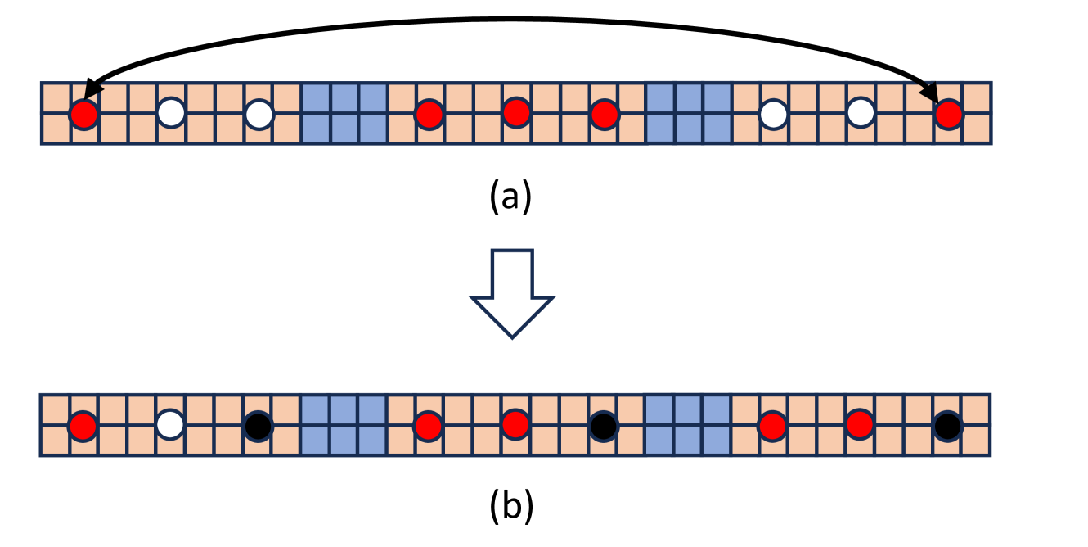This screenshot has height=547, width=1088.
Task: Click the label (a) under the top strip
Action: tap(510, 197)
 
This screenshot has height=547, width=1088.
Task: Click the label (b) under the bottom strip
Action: tap(511, 508)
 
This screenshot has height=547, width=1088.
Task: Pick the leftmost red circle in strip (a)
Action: tap(83, 114)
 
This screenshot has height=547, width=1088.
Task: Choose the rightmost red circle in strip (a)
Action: tap(948, 114)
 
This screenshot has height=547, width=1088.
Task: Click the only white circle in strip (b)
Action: tap(170, 425)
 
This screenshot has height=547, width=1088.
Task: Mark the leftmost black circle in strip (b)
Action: tap(258, 425)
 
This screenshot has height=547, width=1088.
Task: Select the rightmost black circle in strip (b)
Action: tap(947, 425)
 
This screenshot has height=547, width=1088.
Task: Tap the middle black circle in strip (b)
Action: tap(603, 425)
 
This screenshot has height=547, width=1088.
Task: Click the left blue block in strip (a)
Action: tap(344, 114)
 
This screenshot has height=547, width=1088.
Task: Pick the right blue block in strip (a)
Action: tap(689, 114)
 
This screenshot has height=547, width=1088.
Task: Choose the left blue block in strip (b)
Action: tap(344, 425)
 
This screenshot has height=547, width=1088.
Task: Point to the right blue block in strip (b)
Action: tap(689, 425)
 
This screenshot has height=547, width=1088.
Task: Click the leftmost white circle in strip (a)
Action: tap(170, 113)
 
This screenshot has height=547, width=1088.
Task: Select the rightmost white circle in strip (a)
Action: tap(861, 113)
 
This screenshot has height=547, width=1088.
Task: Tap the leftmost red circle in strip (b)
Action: tap(83, 425)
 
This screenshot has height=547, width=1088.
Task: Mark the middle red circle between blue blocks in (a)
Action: tap(516, 113)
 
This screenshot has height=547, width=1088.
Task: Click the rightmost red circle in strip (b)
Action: tap(860, 425)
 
